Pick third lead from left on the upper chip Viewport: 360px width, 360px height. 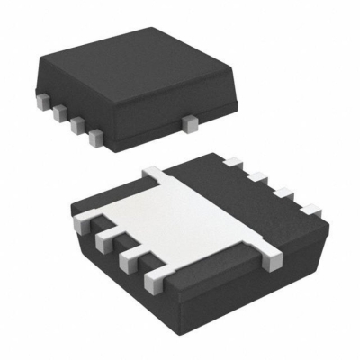click(x=76, y=123)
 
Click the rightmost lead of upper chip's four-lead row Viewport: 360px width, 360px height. click(x=94, y=137)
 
